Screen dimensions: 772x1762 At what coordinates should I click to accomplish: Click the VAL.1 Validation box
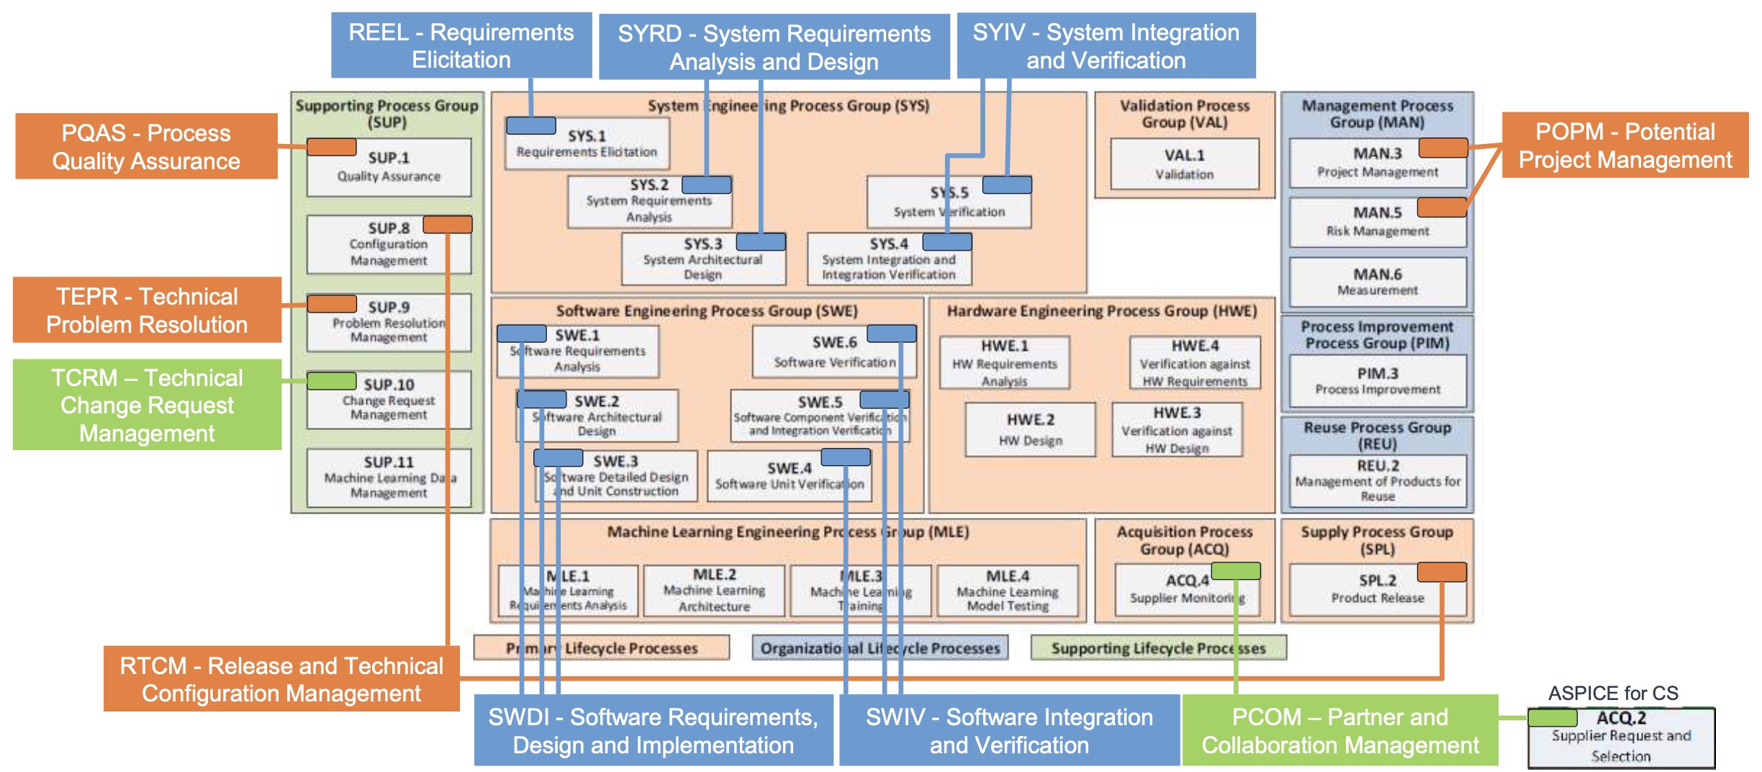1184,164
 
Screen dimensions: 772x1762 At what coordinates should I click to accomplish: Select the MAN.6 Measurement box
1377,282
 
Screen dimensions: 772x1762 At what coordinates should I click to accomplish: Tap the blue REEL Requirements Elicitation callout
461,45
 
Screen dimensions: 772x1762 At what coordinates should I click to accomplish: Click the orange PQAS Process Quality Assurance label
146,146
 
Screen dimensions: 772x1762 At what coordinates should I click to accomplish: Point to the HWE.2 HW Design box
1030,429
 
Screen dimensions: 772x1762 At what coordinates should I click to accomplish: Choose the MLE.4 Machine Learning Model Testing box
1007,591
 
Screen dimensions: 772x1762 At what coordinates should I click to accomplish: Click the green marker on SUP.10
331,380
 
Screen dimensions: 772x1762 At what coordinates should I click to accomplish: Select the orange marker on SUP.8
447,225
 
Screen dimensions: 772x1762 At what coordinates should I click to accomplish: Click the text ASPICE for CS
1612,693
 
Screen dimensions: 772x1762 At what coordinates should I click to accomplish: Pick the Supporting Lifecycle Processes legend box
1157,648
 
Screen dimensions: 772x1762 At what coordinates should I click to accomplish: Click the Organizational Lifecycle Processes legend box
880,648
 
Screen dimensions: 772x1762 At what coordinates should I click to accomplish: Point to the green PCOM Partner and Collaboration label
1339,730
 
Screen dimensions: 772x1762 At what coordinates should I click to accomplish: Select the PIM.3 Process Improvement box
1377,381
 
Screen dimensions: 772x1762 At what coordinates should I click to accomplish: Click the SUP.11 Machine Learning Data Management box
389,477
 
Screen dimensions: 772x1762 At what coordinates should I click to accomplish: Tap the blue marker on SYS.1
530,126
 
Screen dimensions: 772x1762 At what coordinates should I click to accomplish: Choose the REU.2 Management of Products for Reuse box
1377,480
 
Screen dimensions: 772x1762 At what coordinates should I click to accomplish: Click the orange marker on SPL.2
1441,572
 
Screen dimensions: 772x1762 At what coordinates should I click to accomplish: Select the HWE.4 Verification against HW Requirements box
1194,363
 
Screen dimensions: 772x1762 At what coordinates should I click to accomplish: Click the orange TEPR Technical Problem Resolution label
147,310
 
